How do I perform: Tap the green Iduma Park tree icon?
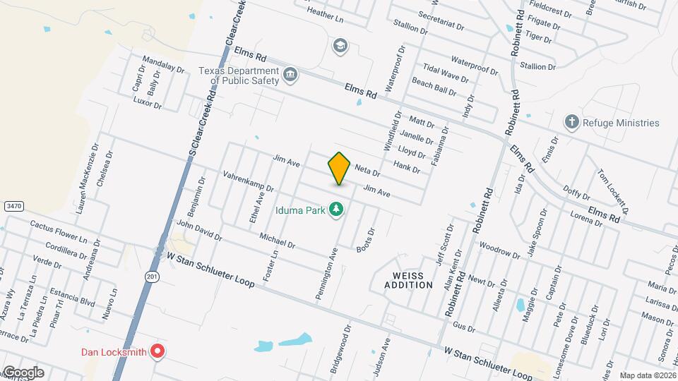[x=338, y=209]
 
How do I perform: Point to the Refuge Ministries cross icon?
[x=572, y=123]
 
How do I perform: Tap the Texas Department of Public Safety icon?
[x=290, y=75]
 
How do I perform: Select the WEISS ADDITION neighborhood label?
[x=408, y=279]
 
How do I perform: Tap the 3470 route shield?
[x=12, y=205]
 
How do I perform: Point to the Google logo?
[x=23, y=373]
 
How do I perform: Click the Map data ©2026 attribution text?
[x=647, y=375]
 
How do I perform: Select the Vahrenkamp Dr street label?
[x=247, y=181]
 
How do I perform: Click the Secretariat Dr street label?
[x=441, y=20]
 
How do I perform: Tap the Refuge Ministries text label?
[x=621, y=123]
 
